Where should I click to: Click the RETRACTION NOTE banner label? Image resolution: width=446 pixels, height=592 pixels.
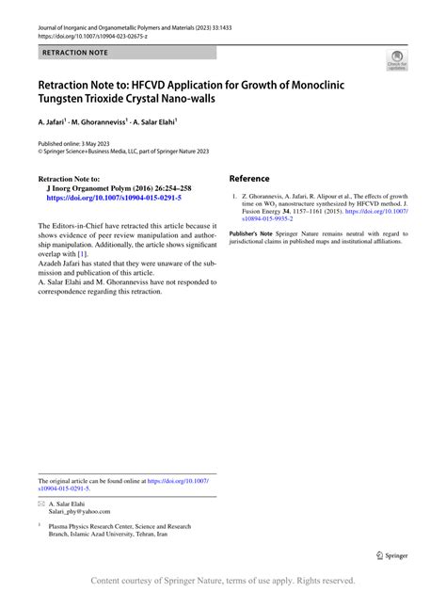click(75, 54)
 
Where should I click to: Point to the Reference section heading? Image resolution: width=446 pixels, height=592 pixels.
click(249, 178)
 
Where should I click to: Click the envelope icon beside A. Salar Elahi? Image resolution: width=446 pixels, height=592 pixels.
click(41, 504)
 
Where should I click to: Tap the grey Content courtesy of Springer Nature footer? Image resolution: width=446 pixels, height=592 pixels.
click(223, 581)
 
